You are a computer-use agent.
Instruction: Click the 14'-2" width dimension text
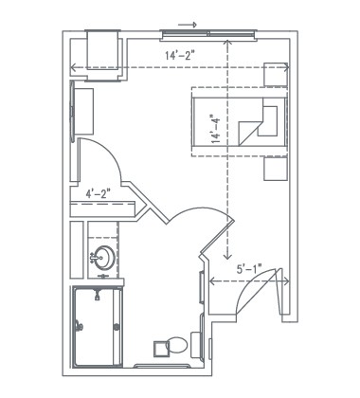tap(176, 56)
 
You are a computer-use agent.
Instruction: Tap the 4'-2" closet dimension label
tap(98, 194)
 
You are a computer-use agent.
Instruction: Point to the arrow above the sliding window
tap(187, 24)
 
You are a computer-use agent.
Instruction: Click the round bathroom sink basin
tap(101, 256)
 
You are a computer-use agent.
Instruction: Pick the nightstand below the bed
tap(276, 168)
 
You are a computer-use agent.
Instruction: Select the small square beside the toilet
tap(196, 345)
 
